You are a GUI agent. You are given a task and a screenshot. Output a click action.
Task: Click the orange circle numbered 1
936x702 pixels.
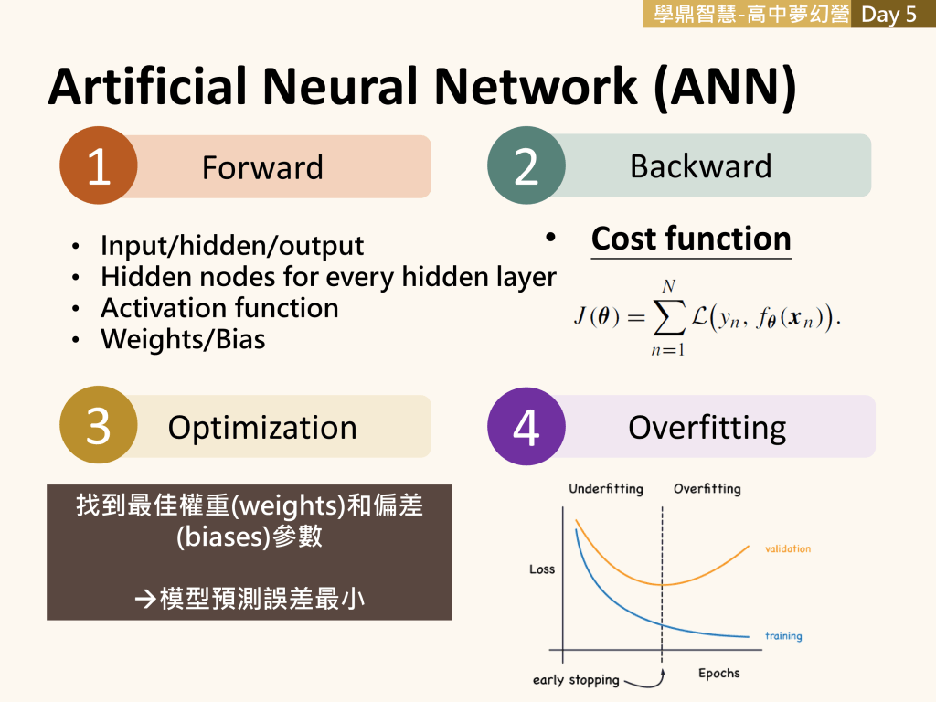pos(99,165)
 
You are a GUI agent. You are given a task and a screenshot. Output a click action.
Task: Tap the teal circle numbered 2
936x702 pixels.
pos(526,165)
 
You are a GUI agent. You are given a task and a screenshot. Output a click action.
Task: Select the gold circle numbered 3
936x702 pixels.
pos(99,426)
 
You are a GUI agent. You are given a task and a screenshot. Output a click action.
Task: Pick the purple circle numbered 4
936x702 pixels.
pos(526,426)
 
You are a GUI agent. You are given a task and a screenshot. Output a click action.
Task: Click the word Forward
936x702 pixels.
pos(262,167)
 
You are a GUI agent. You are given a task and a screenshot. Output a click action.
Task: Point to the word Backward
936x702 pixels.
pos(700,165)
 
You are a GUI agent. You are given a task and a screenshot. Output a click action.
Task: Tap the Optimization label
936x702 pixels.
pos(262,428)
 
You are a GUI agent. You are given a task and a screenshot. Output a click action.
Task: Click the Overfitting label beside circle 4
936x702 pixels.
pos(707,428)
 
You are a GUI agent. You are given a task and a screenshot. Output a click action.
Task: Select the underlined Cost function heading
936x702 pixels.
pos(691,239)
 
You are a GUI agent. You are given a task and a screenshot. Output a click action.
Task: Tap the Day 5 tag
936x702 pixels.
pos(888,14)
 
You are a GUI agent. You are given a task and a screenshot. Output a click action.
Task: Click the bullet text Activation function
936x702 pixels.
pos(219,308)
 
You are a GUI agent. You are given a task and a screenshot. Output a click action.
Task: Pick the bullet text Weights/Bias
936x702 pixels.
pos(183,339)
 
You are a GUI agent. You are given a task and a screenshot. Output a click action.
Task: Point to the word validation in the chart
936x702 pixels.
pos(787,549)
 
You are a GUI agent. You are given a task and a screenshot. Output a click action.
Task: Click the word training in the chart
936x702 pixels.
pos(783,635)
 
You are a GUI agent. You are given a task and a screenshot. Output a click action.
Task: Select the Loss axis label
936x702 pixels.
pos(542,569)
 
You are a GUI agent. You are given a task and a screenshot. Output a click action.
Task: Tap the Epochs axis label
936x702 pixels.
pos(718,674)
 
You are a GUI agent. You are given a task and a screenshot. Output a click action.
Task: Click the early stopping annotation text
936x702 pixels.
pos(576,680)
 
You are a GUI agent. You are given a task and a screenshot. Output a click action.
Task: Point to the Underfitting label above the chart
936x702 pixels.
pos(605,489)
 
